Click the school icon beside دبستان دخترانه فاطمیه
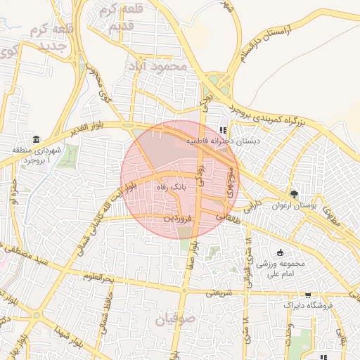click(224, 130)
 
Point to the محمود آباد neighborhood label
click(157, 65)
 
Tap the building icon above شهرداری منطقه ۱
click(36, 139)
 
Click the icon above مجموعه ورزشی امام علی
click(281, 252)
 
